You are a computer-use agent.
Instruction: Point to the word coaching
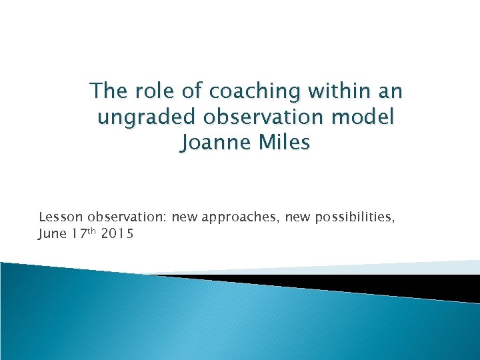(x=254, y=91)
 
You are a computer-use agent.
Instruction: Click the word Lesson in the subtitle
(x=60, y=217)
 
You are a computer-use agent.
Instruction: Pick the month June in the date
(x=52, y=233)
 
